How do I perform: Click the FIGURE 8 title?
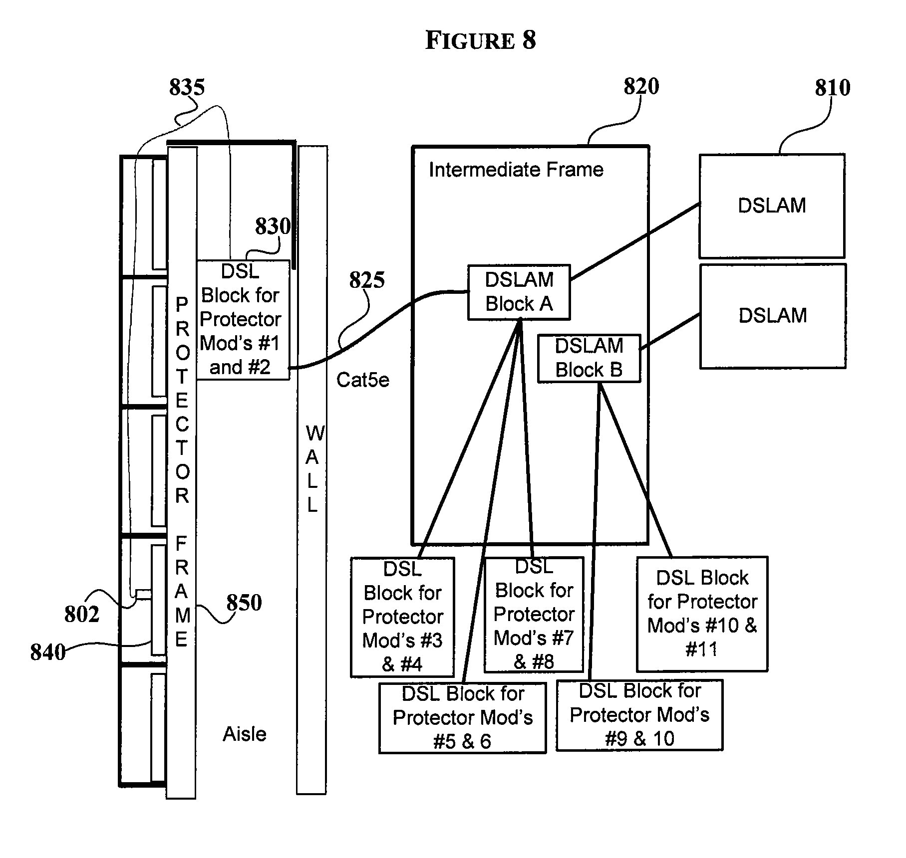480,40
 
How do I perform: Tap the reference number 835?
187,87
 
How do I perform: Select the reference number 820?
641,86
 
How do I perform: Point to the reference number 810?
832,88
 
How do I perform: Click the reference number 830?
273,226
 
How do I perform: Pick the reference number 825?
367,280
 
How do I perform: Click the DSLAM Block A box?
519,292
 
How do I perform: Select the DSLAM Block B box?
589,358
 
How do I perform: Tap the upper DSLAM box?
772,206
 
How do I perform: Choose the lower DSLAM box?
772,316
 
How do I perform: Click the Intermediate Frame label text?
516,170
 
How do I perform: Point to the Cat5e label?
362,380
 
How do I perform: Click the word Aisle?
244,734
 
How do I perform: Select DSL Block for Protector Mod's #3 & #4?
402,617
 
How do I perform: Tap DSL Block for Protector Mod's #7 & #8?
534,615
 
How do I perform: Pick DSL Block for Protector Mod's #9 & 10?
639,715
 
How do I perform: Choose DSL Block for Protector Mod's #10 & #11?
702,614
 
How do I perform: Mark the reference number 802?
81,614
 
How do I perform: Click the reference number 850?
244,603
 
